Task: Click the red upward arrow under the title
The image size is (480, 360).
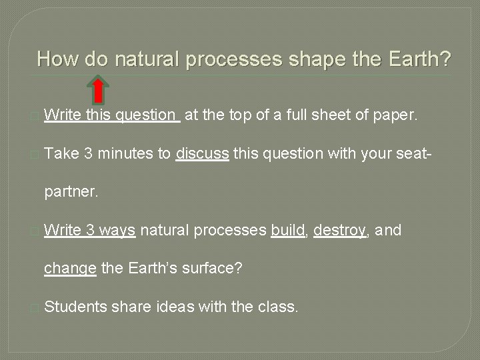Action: (x=99, y=91)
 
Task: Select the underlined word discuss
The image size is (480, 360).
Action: (x=203, y=154)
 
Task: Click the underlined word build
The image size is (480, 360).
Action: (x=287, y=231)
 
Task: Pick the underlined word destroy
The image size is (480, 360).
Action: (x=340, y=231)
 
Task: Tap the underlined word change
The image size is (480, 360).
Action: (x=71, y=269)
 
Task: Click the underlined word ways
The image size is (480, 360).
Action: (x=119, y=231)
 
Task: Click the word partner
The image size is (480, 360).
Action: (x=71, y=193)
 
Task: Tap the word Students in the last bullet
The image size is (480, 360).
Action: (x=75, y=307)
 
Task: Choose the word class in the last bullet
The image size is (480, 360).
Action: (x=281, y=307)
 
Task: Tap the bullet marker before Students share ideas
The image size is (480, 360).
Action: (x=35, y=308)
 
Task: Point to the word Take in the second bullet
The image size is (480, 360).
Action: (x=62, y=154)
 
